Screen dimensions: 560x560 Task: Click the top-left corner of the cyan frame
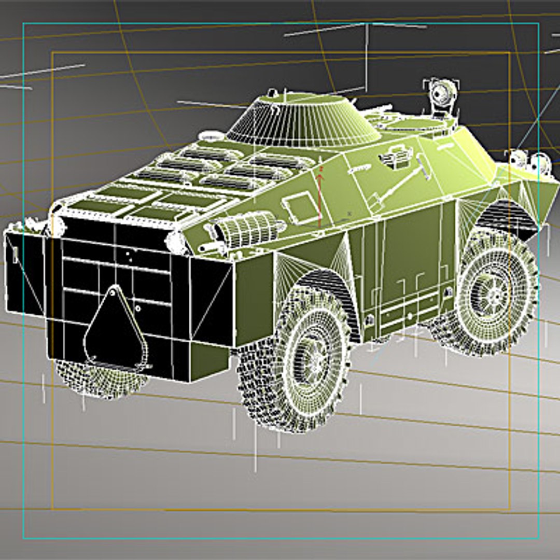coord(23,24)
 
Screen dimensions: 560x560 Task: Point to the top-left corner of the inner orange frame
coord(52,53)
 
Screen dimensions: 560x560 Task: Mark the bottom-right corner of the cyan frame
coord(538,538)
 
